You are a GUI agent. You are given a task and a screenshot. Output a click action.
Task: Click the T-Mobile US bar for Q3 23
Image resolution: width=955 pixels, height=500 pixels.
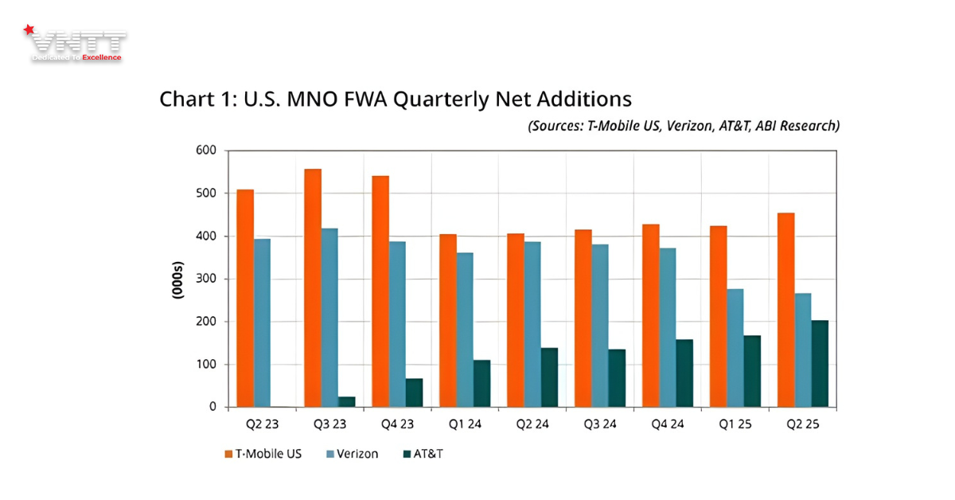click(313, 287)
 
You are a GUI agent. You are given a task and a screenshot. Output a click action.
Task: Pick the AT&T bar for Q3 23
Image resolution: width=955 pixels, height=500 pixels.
click(346, 401)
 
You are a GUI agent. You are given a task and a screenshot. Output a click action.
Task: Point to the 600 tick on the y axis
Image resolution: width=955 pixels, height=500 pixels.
click(206, 150)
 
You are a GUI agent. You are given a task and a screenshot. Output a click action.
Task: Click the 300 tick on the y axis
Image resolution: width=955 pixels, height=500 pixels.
click(206, 279)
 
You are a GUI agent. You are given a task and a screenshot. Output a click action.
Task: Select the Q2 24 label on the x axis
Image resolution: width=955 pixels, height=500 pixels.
click(532, 424)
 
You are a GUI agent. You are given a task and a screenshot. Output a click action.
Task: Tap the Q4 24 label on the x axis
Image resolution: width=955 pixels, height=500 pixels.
click(667, 424)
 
